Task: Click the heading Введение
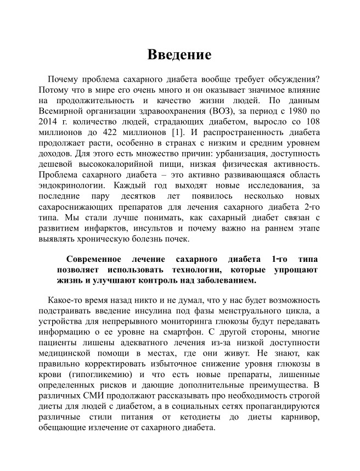179,55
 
